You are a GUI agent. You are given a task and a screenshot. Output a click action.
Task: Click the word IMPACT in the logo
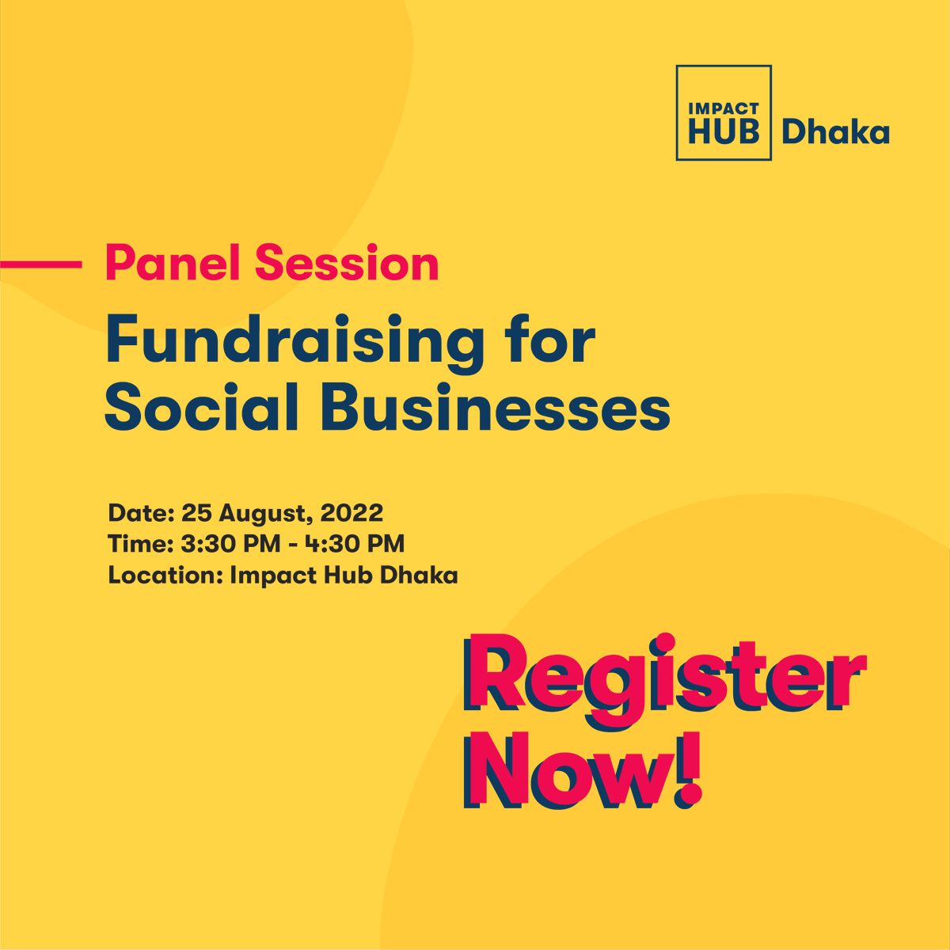[724, 108]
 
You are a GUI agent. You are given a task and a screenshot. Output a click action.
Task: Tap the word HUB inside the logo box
[724, 131]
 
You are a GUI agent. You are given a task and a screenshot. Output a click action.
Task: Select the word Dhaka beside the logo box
[835, 132]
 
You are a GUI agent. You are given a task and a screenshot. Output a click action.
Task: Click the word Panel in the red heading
[174, 264]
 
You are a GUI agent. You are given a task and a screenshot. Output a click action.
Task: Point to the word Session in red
[347, 264]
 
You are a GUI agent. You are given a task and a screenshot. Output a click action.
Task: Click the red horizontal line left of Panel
[41, 264]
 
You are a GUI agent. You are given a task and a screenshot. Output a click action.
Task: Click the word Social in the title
[202, 408]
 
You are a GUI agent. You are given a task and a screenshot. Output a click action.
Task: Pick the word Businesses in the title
[496, 408]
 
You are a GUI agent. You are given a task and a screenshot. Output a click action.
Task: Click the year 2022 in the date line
[351, 513]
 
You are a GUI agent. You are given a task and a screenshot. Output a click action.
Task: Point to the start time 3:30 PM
[230, 544]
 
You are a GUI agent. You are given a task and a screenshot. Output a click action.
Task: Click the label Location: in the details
[165, 575]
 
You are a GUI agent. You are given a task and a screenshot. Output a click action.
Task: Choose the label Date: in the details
[141, 513]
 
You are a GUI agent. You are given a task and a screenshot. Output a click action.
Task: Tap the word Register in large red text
[663, 675]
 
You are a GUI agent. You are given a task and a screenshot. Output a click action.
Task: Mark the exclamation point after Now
[688, 769]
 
